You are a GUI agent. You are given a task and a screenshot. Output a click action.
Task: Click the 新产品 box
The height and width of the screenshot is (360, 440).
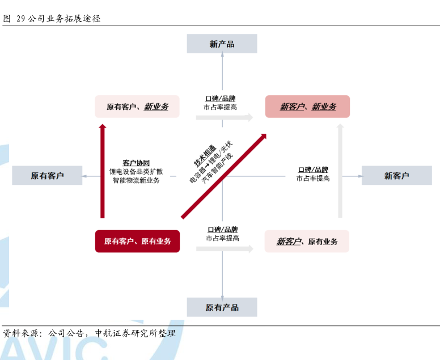tap(222, 44)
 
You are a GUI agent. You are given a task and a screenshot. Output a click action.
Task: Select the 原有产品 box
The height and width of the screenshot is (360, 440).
tap(222, 307)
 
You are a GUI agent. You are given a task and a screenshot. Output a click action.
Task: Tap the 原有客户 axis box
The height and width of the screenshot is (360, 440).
tap(47, 175)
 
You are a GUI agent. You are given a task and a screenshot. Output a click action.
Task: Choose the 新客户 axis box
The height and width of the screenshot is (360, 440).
tap(396, 175)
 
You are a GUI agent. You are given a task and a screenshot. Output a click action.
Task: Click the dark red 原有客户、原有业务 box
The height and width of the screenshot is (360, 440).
tap(137, 242)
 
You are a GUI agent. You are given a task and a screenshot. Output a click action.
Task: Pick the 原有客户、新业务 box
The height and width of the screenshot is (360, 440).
tap(137, 107)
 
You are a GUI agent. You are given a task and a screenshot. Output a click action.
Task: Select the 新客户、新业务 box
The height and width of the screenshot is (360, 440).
tap(307, 107)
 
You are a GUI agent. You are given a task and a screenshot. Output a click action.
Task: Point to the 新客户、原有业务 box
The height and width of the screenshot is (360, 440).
tap(307, 242)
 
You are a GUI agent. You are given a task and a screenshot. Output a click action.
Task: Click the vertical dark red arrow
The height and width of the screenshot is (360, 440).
tap(103, 171)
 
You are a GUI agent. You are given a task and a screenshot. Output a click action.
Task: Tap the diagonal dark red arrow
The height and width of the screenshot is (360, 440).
tap(223, 176)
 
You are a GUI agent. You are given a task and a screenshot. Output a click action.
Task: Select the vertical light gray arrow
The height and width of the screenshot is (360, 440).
tap(340, 171)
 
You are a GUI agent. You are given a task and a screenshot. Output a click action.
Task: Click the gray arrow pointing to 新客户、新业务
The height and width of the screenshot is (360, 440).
tap(225, 117)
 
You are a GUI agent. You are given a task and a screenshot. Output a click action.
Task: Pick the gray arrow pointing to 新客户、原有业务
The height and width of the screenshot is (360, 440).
tap(225, 249)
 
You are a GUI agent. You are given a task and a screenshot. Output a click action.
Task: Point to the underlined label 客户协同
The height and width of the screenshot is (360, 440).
tap(136, 163)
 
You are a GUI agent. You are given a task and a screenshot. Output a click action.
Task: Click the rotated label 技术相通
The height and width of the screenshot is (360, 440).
tap(205, 155)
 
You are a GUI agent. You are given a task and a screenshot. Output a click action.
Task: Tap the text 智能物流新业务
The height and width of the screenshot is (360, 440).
tap(136, 180)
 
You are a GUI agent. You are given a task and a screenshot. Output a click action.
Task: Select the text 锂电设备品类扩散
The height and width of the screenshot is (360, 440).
tap(136, 171)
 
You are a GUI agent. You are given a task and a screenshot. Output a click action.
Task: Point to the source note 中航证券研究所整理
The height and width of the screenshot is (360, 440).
tap(136, 333)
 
